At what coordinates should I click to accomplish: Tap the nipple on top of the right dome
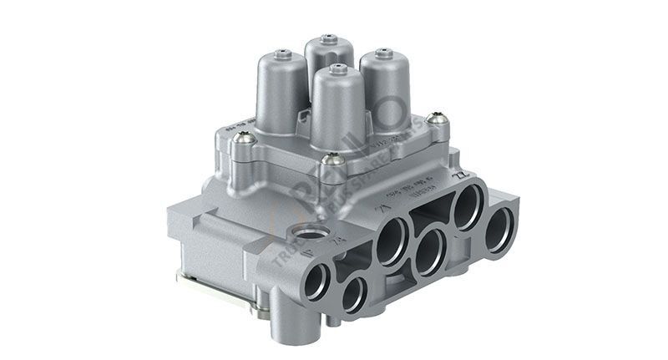383,52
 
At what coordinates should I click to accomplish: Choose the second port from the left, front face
353,295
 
